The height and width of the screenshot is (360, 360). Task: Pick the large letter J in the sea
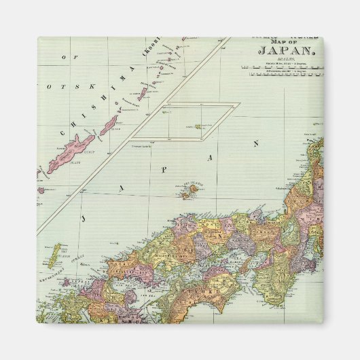point(84,218)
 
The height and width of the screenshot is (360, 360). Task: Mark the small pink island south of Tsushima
point(65,281)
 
